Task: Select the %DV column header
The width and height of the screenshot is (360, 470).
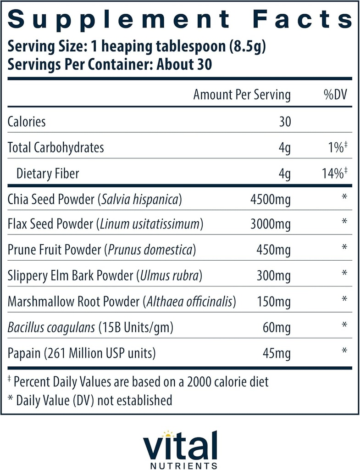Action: (x=335, y=95)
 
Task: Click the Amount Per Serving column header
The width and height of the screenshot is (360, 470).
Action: (x=242, y=95)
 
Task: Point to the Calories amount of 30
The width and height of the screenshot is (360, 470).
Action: (x=284, y=122)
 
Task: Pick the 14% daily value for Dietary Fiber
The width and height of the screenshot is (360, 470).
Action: (x=333, y=173)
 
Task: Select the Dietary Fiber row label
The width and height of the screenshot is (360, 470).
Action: (x=48, y=173)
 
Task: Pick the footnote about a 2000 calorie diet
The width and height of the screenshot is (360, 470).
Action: (x=138, y=381)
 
